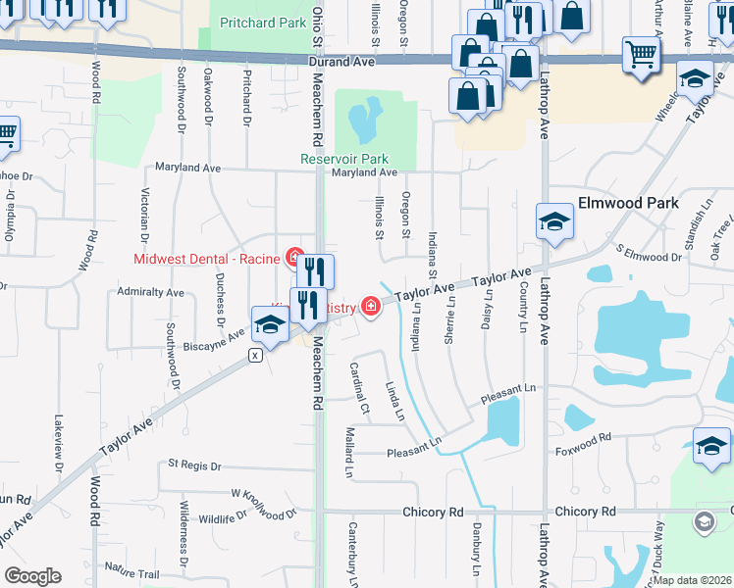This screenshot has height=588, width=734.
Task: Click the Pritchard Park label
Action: [263, 22]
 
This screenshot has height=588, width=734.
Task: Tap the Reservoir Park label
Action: [344, 159]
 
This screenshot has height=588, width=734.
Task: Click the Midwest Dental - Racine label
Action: [208, 259]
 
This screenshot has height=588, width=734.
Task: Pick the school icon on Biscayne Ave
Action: [269, 323]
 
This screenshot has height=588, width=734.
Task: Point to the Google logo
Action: [32, 576]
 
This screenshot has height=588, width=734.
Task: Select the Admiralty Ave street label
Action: [150, 292]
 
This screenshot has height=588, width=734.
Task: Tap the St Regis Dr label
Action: [197, 463]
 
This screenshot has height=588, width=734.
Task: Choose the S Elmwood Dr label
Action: [648, 255]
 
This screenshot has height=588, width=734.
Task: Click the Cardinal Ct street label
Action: [358, 387]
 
